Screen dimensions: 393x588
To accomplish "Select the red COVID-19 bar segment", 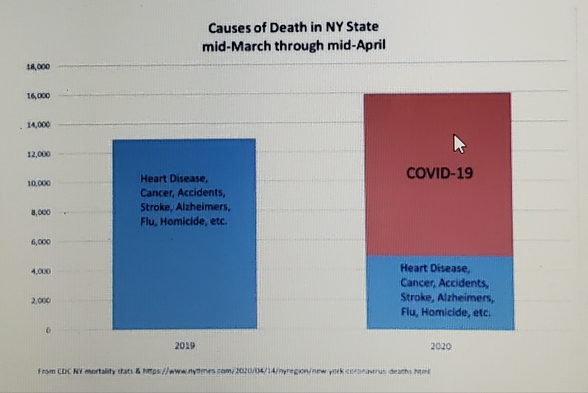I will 438,213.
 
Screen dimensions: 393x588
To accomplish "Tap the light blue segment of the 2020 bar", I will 440,293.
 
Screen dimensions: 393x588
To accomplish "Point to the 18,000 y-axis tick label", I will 38,67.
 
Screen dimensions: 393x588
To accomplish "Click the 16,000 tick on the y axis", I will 38,96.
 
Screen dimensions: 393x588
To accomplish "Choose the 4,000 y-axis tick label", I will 41,271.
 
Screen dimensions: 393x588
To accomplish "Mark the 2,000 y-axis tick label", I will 41,300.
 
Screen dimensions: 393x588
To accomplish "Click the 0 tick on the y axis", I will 48,330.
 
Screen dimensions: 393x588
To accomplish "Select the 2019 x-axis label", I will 185,346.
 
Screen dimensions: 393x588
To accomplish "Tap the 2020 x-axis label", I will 441,346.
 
